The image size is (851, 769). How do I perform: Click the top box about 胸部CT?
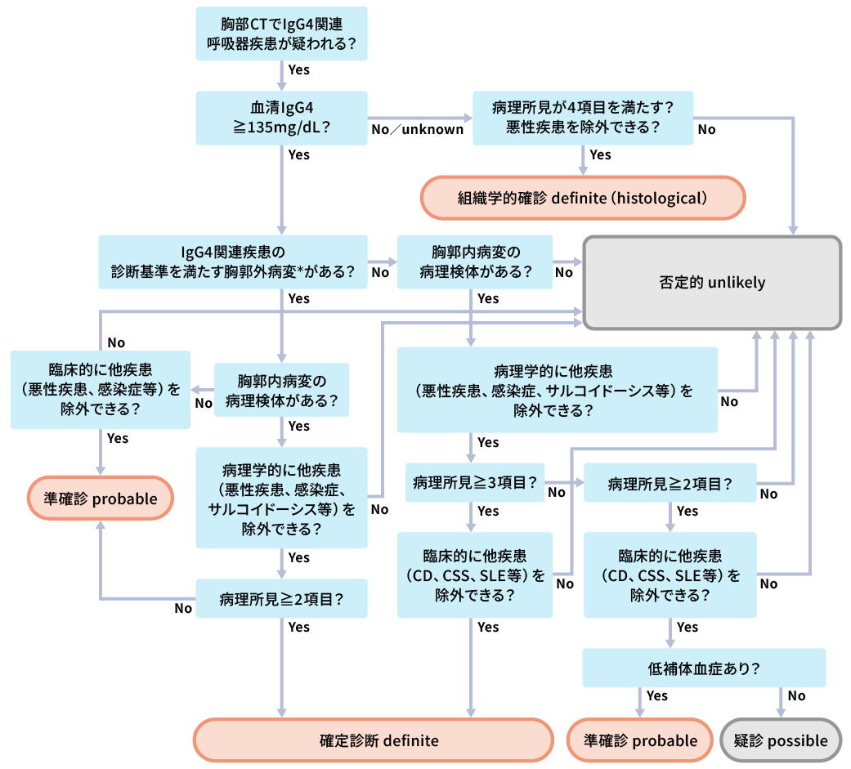[x=281, y=34]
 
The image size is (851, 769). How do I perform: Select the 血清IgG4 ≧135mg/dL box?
[x=281, y=118]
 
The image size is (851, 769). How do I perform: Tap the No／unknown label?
[x=418, y=129]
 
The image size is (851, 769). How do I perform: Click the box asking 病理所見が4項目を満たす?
[x=583, y=118]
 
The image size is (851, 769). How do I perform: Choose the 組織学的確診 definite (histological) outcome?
[x=583, y=198]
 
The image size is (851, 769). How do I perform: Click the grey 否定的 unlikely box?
[x=711, y=283]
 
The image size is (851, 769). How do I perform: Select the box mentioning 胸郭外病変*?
[x=233, y=262]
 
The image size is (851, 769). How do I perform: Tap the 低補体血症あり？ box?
[x=704, y=668]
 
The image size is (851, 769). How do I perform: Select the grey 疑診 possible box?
[x=781, y=740]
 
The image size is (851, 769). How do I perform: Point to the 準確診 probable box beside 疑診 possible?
[x=640, y=740]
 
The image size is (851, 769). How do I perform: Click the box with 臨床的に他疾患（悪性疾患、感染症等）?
[x=100, y=389]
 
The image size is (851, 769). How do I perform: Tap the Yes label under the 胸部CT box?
[x=299, y=69]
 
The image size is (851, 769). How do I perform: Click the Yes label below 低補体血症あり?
[x=656, y=695]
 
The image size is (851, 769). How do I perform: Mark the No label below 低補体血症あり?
[x=796, y=695]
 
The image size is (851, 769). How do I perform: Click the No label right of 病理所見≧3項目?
[x=557, y=492]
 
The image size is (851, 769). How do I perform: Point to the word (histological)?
[x=661, y=198]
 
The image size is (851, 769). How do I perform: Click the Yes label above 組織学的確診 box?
[x=600, y=154]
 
